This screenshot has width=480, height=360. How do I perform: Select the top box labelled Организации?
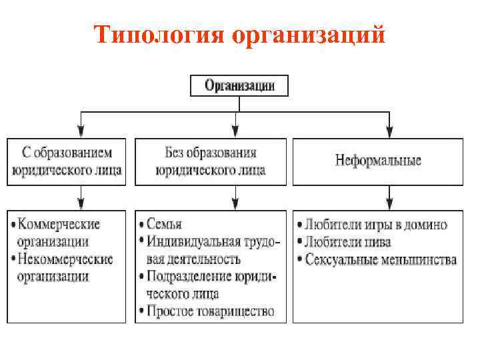[x=238, y=85]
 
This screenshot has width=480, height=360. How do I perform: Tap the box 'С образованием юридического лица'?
[x=67, y=161]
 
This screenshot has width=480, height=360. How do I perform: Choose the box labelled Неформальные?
[x=378, y=161]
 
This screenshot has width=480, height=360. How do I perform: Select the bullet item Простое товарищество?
[x=212, y=311]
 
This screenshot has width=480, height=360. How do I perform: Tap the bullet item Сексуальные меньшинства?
[x=380, y=259]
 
